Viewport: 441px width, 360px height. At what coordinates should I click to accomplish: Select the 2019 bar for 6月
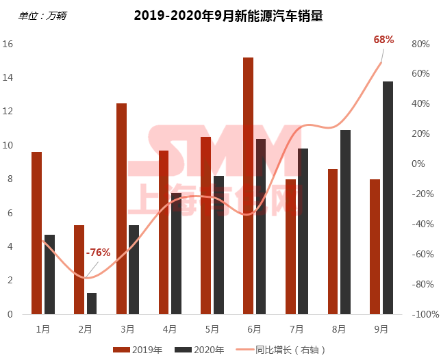[248, 185]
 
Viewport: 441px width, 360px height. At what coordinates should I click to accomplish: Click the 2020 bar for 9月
[388, 198]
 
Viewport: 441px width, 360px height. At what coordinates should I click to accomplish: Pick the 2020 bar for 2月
[92, 303]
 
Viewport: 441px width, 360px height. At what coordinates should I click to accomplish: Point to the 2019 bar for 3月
[121, 209]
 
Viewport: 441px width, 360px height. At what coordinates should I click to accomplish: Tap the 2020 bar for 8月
[345, 222]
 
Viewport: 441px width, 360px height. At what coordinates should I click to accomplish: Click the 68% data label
[383, 40]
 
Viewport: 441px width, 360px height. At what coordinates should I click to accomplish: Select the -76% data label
[98, 253]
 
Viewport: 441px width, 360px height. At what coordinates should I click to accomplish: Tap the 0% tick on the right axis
[418, 164]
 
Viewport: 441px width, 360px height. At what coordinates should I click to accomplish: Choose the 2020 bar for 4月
[176, 253]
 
